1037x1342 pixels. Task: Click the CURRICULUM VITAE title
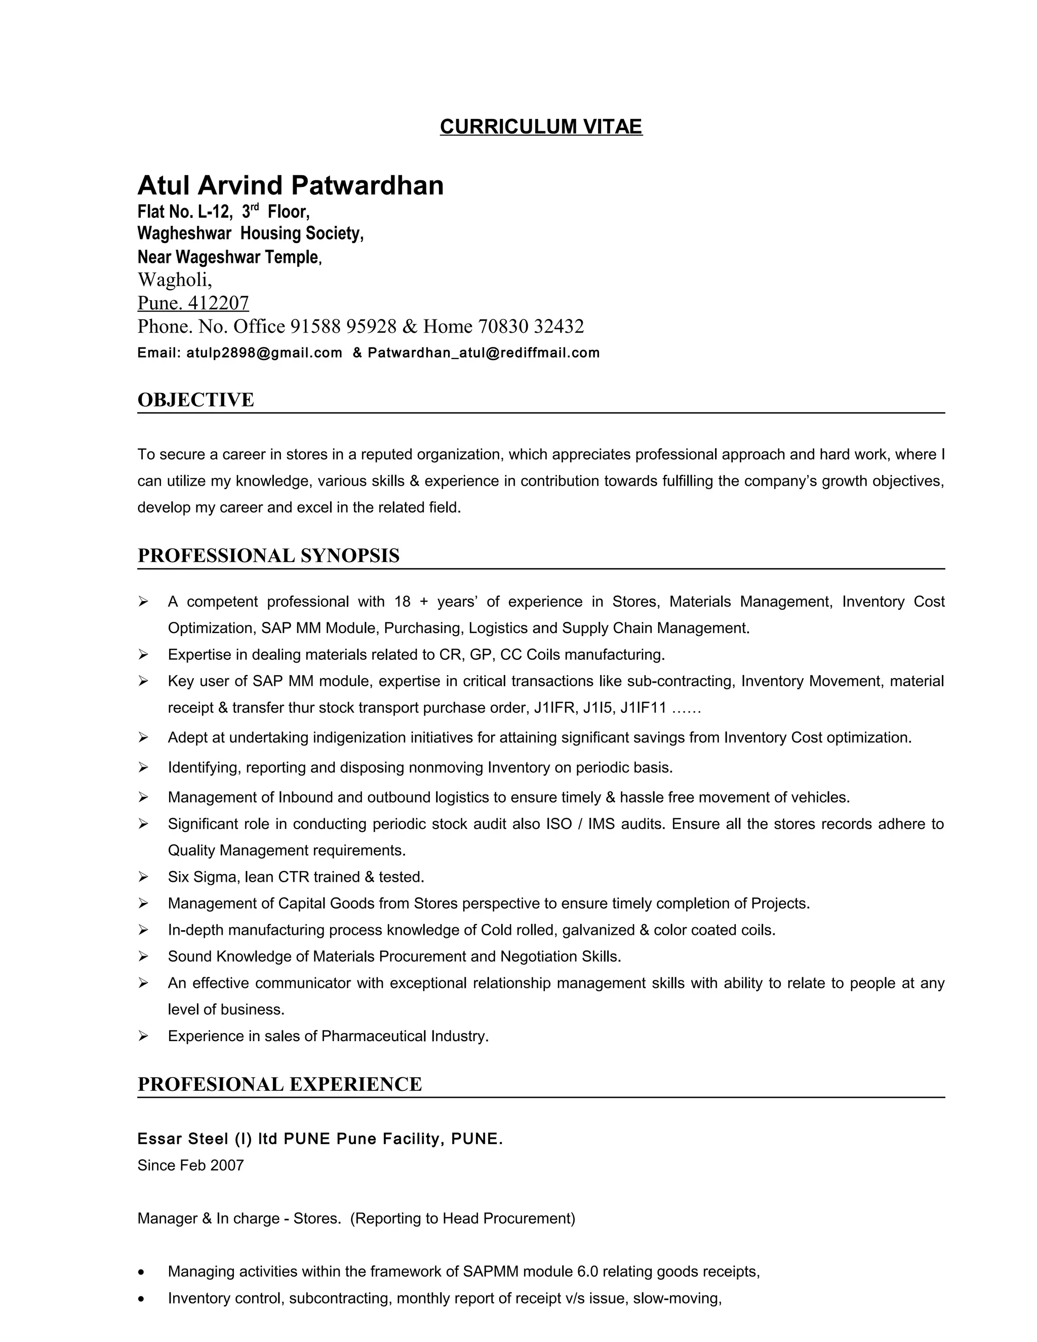(541, 127)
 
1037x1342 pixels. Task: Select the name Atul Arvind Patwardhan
(290, 185)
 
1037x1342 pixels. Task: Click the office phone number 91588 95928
(343, 326)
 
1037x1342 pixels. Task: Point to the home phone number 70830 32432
(531, 326)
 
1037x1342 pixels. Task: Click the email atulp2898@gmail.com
(264, 352)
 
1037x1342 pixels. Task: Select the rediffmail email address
(484, 352)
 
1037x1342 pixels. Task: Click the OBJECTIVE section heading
(195, 400)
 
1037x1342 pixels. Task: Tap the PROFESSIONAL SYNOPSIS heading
(268, 556)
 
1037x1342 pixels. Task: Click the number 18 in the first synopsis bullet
(403, 602)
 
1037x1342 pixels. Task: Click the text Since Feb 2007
(190, 1166)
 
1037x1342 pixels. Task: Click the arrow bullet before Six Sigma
(143, 877)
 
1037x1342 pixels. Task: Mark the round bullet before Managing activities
(142, 1271)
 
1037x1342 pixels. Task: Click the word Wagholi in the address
(173, 280)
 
